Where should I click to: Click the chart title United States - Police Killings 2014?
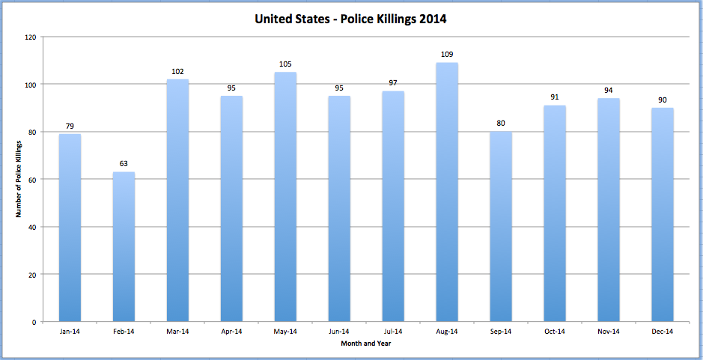(350, 19)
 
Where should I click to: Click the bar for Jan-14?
(70, 228)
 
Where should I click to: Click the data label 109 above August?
(447, 55)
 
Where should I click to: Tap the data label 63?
(124, 164)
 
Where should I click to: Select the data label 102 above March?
(177, 71)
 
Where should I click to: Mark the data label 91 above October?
(555, 97)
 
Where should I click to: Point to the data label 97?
(393, 83)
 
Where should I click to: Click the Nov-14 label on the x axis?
(609, 332)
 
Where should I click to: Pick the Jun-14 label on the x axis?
(339, 332)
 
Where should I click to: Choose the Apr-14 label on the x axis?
(231, 332)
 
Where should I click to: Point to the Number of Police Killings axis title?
(17, 180)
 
